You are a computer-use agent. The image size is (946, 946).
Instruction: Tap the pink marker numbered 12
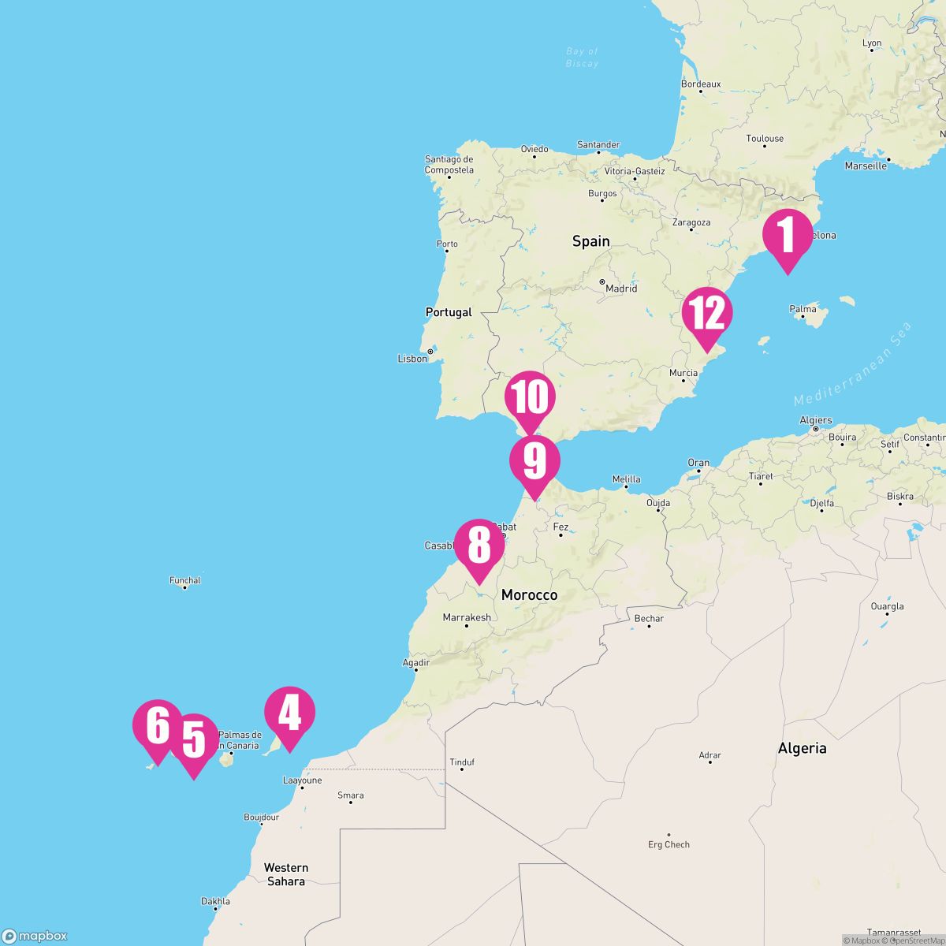click(x=707, y=313)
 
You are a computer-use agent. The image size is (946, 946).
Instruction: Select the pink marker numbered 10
click(x=530, y=397)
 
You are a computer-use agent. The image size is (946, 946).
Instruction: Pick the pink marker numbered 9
click(x=534, y=461)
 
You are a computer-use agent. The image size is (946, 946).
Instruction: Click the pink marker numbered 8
click(x=479, y=545)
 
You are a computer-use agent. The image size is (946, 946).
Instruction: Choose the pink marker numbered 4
click(x=289, y=713)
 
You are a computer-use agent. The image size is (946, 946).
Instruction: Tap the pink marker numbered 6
click(x=158, y=725)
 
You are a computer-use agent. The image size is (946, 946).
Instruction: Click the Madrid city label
click(x=620, y=289)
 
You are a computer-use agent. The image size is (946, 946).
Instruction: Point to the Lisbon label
click(x=412, y=359)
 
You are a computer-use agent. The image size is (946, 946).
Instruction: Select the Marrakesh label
click(x=467, y=617)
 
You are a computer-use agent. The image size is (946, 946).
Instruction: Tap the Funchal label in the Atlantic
click(x=185, y=580)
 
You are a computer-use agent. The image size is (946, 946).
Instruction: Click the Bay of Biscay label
click(x=582, y=58)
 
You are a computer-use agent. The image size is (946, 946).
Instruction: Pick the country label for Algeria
click(x=802, y=748)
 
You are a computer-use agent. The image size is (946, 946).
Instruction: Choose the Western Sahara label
click(x=286, y=874)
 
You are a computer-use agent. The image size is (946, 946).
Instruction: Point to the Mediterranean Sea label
click(x=853, y=364)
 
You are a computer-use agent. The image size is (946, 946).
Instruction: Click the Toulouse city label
click(x=765, y=139)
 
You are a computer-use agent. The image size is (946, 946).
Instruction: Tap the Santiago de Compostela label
click(x=449, y=164)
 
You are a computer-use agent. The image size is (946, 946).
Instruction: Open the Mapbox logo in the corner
click(x=35, y=936)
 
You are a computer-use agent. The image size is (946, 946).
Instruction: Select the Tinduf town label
click(x=462, y=762)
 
